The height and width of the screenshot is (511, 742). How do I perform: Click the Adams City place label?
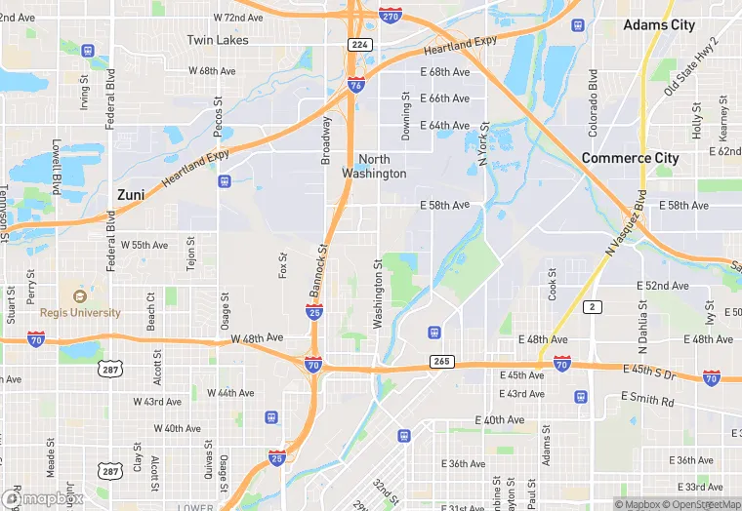(x=659, y=24)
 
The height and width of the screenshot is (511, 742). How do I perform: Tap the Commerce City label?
(x=630, y=158)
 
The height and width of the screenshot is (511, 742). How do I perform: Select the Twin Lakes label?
(x=218, y=40)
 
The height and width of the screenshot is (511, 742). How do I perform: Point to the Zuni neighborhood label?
(x=131, y=195)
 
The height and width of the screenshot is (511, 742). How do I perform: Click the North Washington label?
(x=374, y=166)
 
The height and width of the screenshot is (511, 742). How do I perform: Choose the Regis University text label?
(x=80, y=313)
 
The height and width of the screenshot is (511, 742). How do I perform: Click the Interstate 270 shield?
(x=390, y=17)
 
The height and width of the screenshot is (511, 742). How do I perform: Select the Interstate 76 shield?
(x=356, y=86)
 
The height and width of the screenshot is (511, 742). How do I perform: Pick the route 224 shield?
(x=358, y=44)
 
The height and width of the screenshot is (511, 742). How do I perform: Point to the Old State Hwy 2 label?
(x=690, y=65)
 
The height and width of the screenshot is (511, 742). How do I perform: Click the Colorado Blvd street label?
(x=593, y=102)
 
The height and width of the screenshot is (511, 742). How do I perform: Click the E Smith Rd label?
(x=647, y=401)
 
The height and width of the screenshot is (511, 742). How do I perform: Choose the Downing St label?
(x=406, y=116)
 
